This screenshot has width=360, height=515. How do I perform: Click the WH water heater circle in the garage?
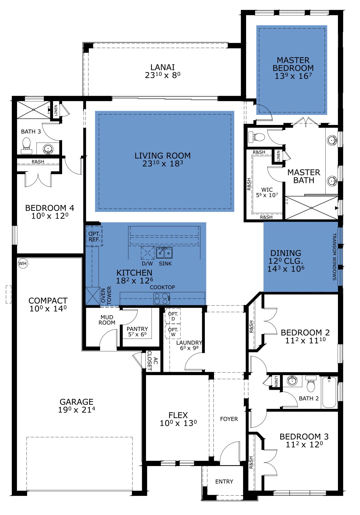click(x=23, y=263)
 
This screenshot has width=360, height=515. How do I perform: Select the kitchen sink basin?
click(x=164, y=252)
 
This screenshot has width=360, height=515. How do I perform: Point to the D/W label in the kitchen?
click(x=147, y=264)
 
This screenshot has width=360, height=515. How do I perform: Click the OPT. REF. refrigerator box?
click(x=94, y=236)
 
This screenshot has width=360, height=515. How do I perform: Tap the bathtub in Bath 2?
click(x=329, y=392)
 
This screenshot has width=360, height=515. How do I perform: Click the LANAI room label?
click(x=162, y=67)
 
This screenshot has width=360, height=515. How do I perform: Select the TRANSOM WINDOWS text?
click(x=334, y=257)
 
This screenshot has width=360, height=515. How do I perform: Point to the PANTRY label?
click(x=137, y=329)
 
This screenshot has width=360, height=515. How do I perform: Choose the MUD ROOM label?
click(x=107, y=320)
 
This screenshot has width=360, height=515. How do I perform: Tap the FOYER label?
click(x=229, y=419)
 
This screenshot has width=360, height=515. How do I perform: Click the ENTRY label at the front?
click(x=224, y=481)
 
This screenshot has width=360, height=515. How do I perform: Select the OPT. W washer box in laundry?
click(x=173, y=331)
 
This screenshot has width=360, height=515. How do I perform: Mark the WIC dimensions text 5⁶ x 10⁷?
click(x=267, y=195)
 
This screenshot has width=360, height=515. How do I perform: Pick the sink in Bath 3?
click(x=48, y=149)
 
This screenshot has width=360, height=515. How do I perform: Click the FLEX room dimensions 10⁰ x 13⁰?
click(x=178, y=423)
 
